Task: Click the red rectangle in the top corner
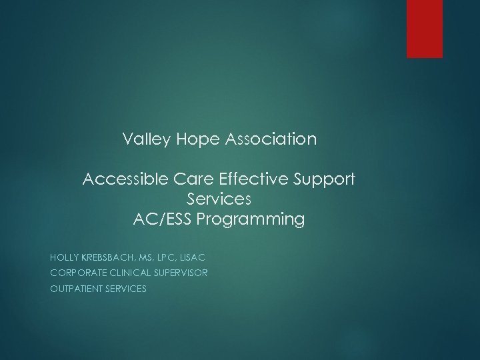(425, 29)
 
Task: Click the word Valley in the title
(142, 140)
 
